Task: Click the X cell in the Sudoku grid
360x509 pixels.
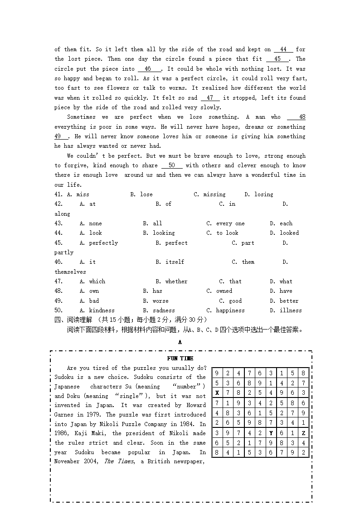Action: point(217,393)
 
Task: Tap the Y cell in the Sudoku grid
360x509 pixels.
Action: point(271,433)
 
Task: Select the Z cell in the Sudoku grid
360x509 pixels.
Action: point(303,433)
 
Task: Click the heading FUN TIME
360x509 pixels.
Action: point(180,359)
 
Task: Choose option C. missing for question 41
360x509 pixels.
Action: point(209,194)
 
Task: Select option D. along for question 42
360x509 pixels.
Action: point(62,213)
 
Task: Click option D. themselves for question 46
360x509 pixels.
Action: point(70,272)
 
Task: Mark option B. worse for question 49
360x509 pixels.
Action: point(156,301)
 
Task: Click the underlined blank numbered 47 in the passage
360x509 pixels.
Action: point(210,98)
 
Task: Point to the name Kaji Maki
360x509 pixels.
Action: point(84,433)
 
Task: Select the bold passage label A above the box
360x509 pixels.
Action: point(180,342)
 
